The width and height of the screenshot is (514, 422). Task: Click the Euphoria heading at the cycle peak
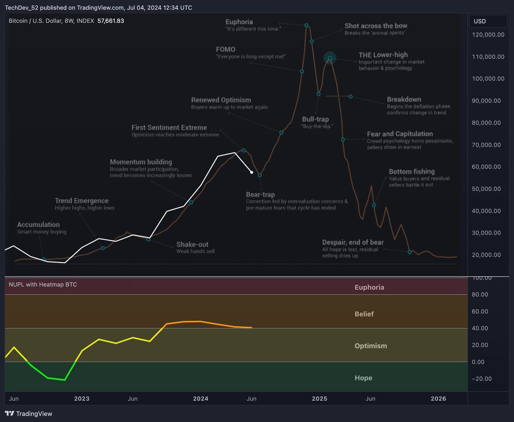click(239, 22)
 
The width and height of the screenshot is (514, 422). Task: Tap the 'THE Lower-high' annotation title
click(383, 55)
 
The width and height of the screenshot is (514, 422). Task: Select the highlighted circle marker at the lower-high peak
click(330, 57)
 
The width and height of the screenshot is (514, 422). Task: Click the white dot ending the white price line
click(252, 172)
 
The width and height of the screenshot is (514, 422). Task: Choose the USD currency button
click(480, 21)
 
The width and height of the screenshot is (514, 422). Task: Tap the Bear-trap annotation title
click(260, 195)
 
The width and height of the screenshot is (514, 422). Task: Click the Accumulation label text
click(39, 225)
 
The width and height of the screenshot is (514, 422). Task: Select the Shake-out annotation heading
click(192, 244)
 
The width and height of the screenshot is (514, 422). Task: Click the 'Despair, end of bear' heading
click(353, 242)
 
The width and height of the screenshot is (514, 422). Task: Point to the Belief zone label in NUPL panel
click(364, 314)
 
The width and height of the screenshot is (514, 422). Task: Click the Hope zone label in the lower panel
click(363, 378)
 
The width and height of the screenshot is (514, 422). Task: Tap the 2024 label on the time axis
click(200, 398)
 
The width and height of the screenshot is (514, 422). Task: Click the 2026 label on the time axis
click(438, 398)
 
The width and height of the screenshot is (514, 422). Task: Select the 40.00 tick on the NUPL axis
click(483, 328)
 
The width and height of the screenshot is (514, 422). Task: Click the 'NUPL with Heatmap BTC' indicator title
click(43, 284)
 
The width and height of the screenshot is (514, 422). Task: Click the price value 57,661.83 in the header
click(111, 21)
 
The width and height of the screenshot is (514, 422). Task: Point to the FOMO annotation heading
click(226, 49)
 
